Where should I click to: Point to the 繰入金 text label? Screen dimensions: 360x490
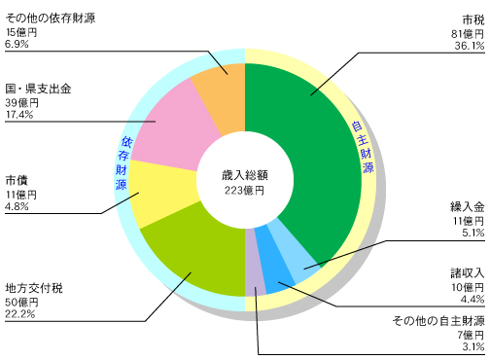(x=467, y=208)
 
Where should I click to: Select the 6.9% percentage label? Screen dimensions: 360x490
(x=17, y=45)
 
